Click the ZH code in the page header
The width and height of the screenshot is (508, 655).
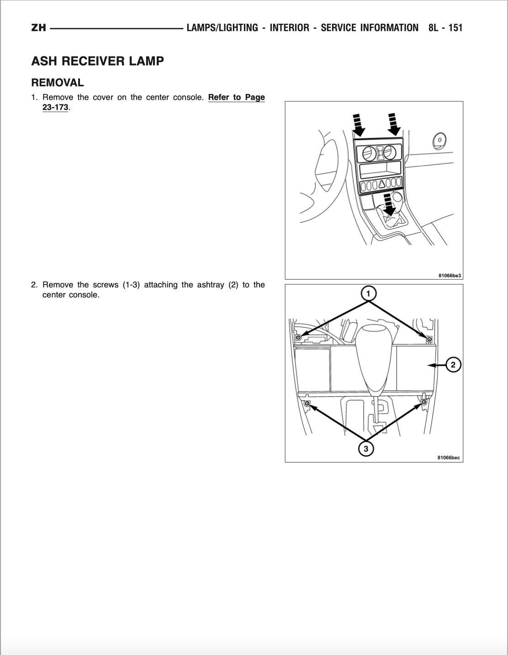(x=38, y=28)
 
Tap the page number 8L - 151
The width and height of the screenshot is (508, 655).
(x=445, y=28)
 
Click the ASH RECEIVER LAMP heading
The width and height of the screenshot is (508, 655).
(x=97, y=61)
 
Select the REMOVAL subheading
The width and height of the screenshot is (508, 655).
(x=58, y=83)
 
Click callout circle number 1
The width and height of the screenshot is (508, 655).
(x=368, y=293)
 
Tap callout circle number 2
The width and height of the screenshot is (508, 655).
(x=453, y=365)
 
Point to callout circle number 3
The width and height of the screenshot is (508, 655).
(x=365, y=449)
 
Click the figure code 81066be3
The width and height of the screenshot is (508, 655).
(x=450, y=276)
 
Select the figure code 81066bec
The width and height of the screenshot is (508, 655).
(x=448, y=457)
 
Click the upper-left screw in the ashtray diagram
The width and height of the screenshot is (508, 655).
(x=298, y=338)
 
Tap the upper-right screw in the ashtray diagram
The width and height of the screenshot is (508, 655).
(x=429, y=339)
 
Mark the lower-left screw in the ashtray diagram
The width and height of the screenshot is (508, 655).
(x=307, y=404)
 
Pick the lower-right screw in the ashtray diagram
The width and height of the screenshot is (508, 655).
(x=424, y=402)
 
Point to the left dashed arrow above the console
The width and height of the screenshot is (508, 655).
(x=359, y=125)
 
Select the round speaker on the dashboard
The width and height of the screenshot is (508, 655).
(x=439, y=140)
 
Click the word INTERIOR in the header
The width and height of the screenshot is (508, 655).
(x=289, y=28)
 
